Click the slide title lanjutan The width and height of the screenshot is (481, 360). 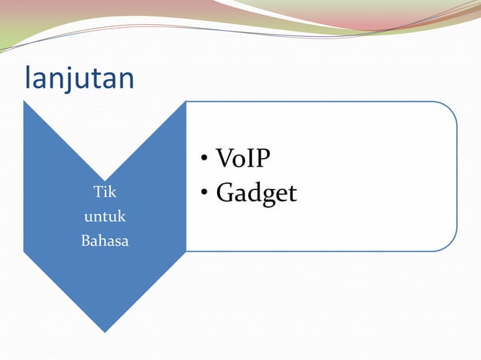point(79,78)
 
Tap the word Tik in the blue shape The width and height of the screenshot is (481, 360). point(104,192)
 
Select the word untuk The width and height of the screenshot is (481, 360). point(104,217)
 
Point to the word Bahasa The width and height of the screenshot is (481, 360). point(104,242)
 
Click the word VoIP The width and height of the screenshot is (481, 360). point(243,159)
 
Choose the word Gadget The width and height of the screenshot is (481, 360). point(256,194)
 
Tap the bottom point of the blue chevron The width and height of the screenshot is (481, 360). point(104,331)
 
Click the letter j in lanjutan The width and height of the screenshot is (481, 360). point(66,79)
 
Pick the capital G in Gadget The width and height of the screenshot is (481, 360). point(225,194)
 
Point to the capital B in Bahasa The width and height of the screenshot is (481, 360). point(84,242)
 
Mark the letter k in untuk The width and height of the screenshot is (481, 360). point(122,217)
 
